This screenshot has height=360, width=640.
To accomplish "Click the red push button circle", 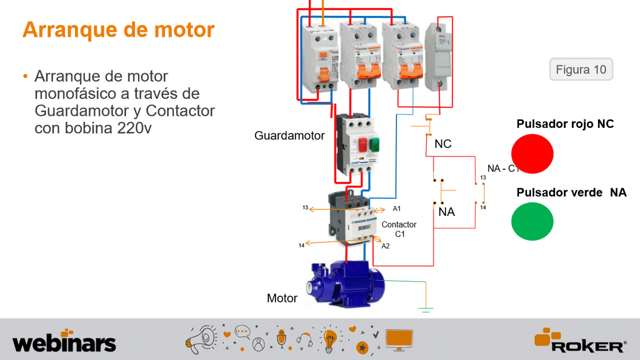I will pos(532,153).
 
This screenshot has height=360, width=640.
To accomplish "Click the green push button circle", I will pos(532,221).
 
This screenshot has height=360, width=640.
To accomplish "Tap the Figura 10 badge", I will pos(581,69).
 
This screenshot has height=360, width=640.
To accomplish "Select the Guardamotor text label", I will pos(289,135).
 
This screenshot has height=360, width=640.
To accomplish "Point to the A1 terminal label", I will pos(397,208).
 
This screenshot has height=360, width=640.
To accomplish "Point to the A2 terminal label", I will pos(385,246).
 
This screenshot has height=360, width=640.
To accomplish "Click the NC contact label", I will pos(443,144).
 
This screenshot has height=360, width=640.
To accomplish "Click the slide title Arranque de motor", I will pos(119,29).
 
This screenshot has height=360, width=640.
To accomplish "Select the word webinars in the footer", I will pos(64,343).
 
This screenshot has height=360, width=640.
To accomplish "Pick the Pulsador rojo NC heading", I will pos(565,124).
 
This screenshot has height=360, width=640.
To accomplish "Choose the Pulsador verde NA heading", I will pos(571,192).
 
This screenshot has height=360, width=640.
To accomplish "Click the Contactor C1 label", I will pos(399,229).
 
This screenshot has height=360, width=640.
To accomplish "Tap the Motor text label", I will pos(282,298).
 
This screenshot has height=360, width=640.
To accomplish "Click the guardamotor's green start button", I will pos(373,144).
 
